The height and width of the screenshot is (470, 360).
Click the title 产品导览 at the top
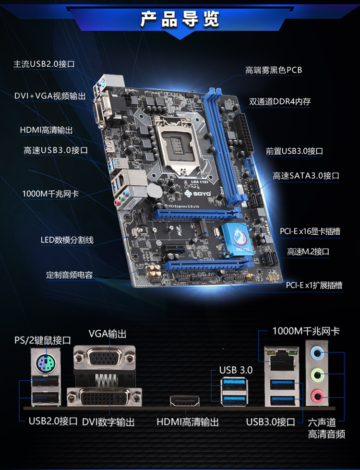point(180,19)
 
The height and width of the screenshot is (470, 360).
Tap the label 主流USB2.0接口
point(44,64)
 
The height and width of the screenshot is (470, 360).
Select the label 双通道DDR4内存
point(280,102)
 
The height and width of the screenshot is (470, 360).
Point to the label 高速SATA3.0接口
point(306,176)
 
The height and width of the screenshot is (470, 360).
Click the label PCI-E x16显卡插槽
point(310,231)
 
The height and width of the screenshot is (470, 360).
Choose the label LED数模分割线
point(67,240)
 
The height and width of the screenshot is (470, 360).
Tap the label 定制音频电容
point(69,275)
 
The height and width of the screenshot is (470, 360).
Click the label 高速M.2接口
point(308,252)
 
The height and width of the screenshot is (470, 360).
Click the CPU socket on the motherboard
point(177,145)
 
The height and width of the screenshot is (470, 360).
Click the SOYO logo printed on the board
point(198,193)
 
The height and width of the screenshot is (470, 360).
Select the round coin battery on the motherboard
point(154,190)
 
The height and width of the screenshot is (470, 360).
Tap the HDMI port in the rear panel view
point(185,401)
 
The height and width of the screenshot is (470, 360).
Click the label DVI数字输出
point(108,422)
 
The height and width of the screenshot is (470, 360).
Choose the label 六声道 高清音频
point(326,428)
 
